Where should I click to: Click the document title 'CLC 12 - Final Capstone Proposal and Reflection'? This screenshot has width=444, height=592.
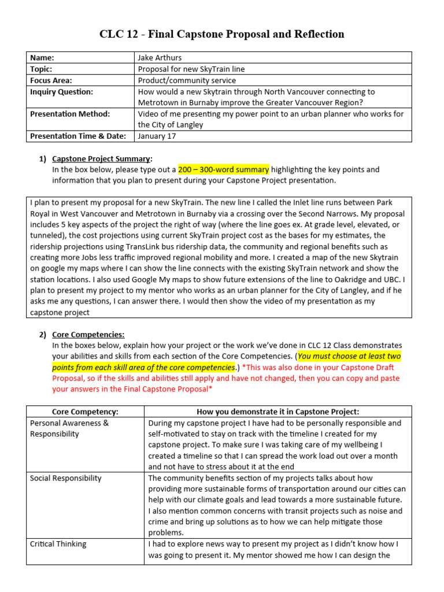222,34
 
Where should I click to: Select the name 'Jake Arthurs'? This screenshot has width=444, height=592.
160,58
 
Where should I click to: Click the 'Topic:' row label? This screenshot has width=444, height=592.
42,69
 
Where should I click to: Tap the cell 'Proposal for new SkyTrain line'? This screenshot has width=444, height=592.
191,69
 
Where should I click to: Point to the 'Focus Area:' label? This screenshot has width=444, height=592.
51,81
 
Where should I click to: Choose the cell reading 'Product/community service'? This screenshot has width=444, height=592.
187,81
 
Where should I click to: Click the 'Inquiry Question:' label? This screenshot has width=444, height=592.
61,92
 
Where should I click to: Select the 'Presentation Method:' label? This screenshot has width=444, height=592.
69,114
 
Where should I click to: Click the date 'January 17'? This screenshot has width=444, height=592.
157,136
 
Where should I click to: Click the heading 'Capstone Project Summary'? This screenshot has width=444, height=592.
102,158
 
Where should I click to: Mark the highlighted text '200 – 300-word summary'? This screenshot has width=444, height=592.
223,170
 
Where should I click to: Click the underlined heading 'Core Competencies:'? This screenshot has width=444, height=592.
88,334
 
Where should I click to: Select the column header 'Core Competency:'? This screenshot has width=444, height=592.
85,412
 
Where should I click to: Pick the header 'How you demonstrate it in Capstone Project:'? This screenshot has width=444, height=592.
278,412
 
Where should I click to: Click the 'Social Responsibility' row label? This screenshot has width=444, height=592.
65,478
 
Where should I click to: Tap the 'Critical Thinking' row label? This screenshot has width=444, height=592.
58,544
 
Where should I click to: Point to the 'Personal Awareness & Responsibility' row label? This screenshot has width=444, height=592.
69,428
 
